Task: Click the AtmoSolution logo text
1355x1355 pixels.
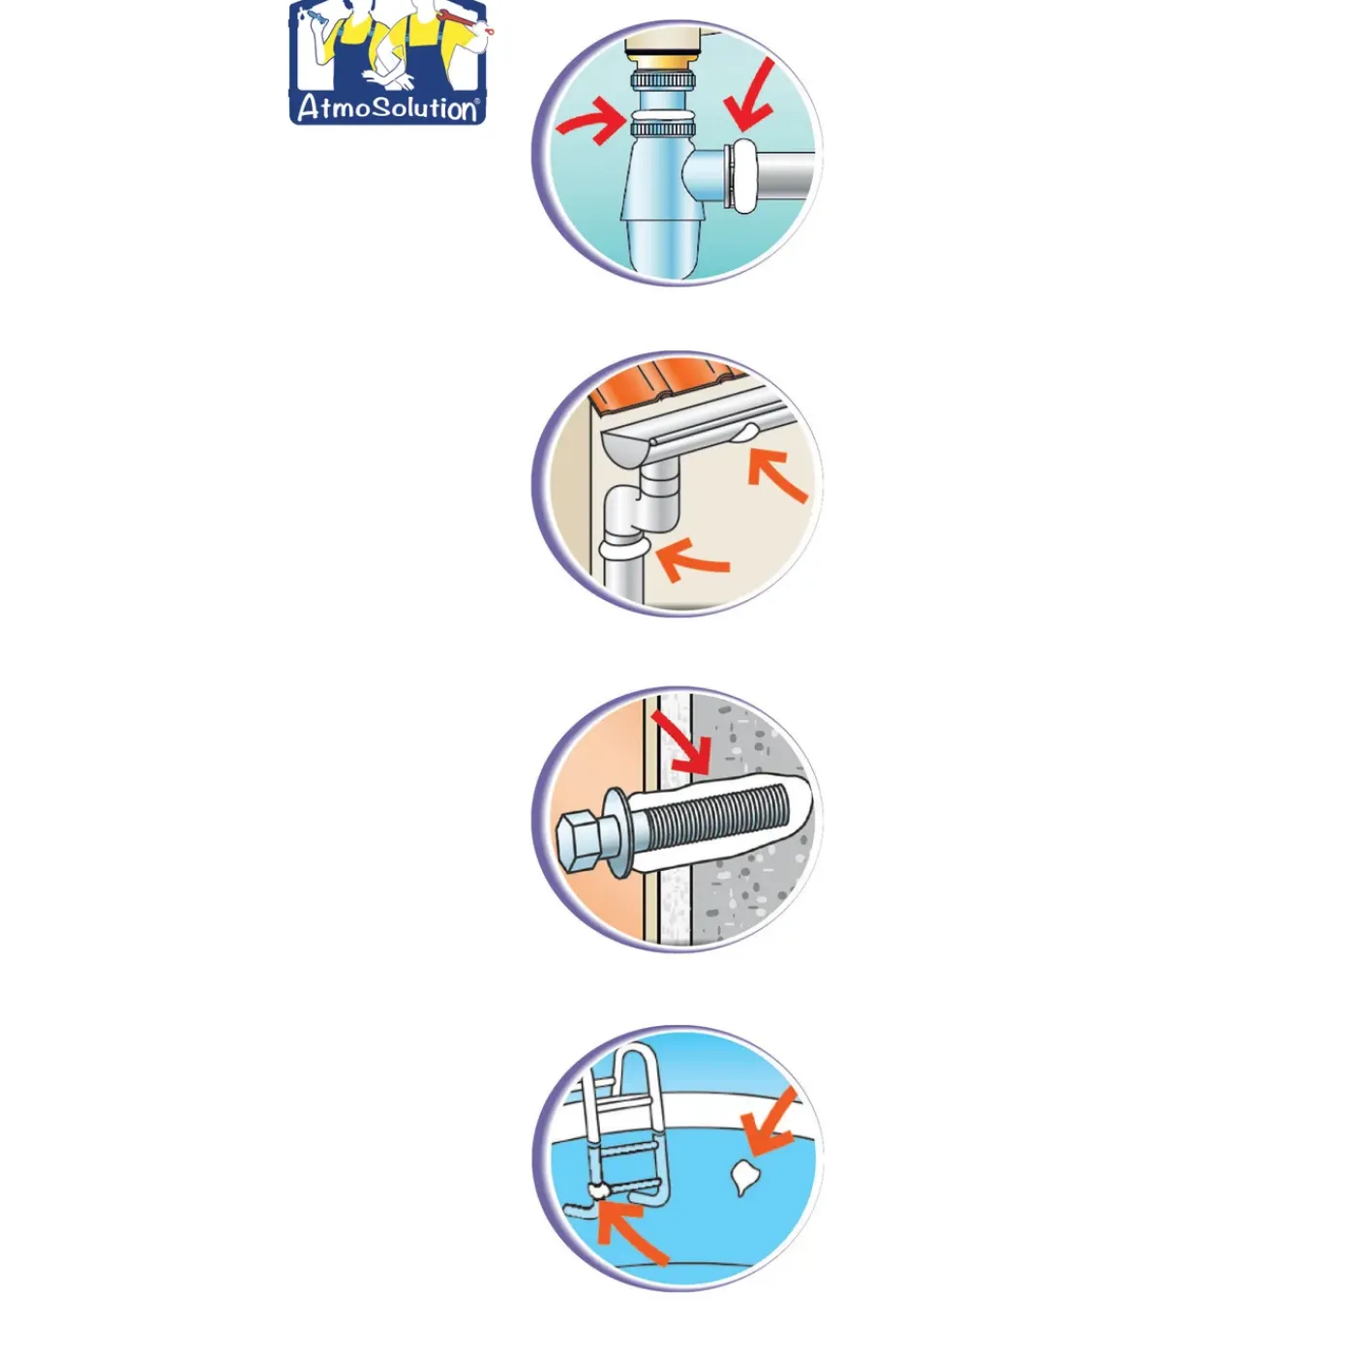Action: point(388,108)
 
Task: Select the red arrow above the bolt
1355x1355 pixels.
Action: point(680,742)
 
